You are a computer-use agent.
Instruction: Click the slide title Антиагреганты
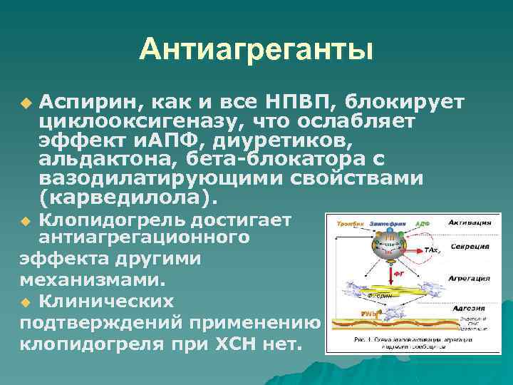[256, 50]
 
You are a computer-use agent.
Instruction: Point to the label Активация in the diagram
[468, 223]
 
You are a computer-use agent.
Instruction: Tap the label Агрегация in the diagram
[467, 277]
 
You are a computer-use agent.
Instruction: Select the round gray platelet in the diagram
[389, 247]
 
